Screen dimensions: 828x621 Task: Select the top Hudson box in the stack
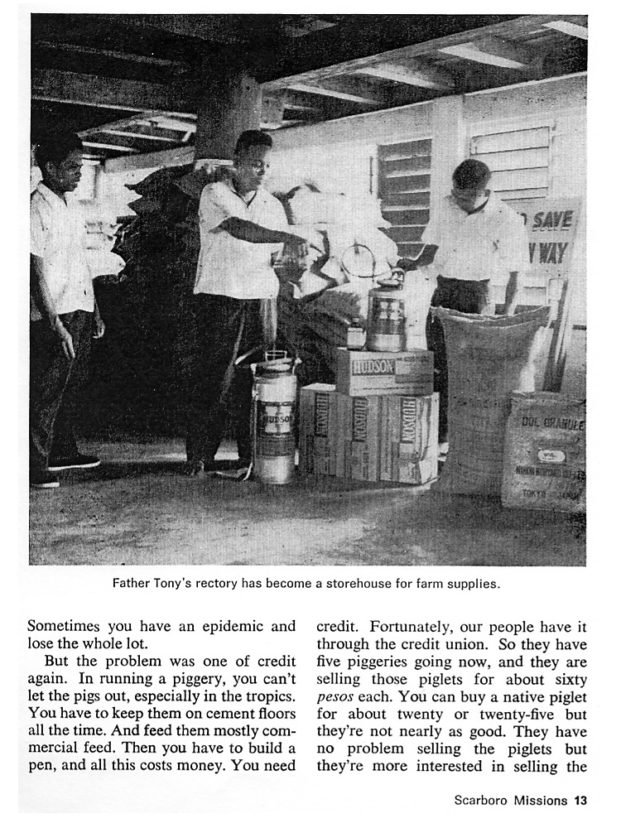coord(383,370)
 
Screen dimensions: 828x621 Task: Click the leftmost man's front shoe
coord(73,461)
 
